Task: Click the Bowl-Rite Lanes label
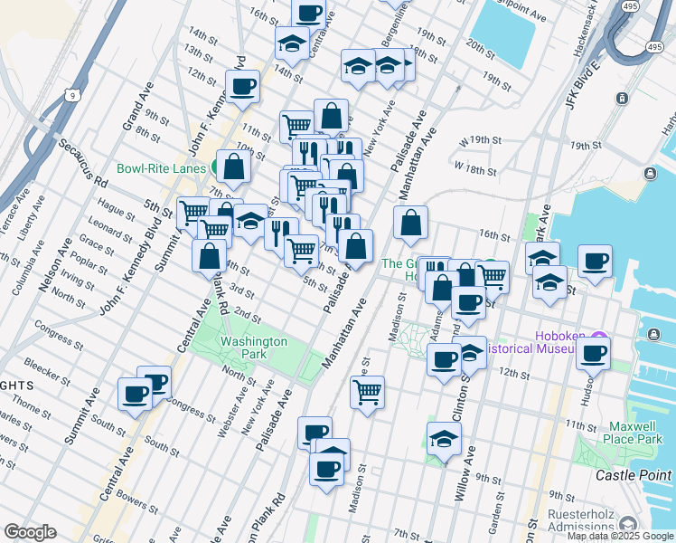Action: (x=162, y=168)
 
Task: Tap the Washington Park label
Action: (x=254, y=348)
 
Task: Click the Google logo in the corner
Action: (x=30, y=532)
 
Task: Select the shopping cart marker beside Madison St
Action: (x=367, y=392)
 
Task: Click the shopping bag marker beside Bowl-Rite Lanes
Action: (x=234, y=166)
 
